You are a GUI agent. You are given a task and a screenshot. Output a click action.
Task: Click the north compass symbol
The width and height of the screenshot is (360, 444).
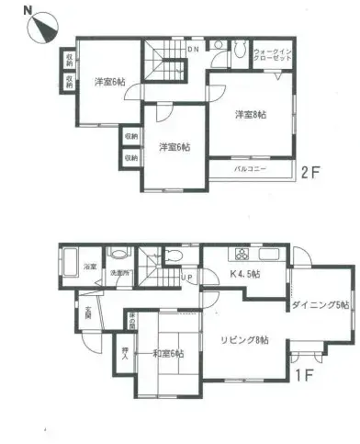pyautogui.click(x=39, y=28)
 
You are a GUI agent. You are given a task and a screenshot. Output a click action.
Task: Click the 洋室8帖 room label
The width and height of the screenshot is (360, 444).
pyautogui.click(x=249, y=115)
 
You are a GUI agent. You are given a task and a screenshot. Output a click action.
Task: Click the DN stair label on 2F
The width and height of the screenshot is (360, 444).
pyautogui.click(x=194, y=49)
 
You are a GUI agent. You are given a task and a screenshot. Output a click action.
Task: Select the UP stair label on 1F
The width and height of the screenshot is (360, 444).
pyautogui.click(x=186, y=277)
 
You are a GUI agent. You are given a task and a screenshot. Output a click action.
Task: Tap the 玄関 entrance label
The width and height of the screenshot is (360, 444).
pyautogui.click(x=88, y=313)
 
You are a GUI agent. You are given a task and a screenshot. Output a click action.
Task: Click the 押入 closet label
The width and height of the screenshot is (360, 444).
pyautogui.click(x=124, y=355)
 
